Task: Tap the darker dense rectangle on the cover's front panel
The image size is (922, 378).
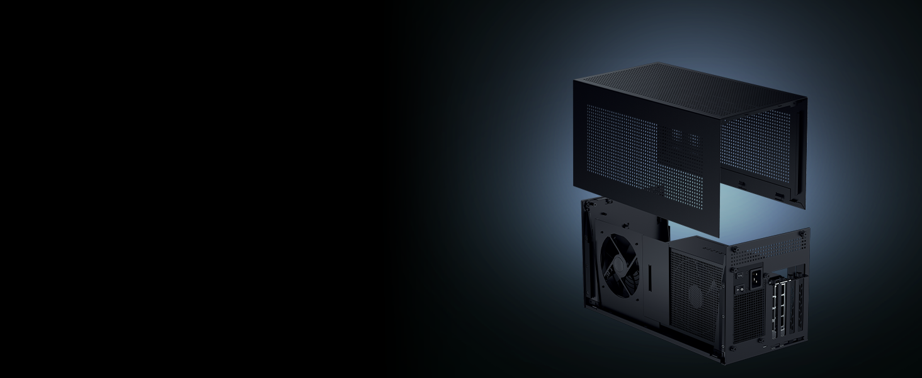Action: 683,142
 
